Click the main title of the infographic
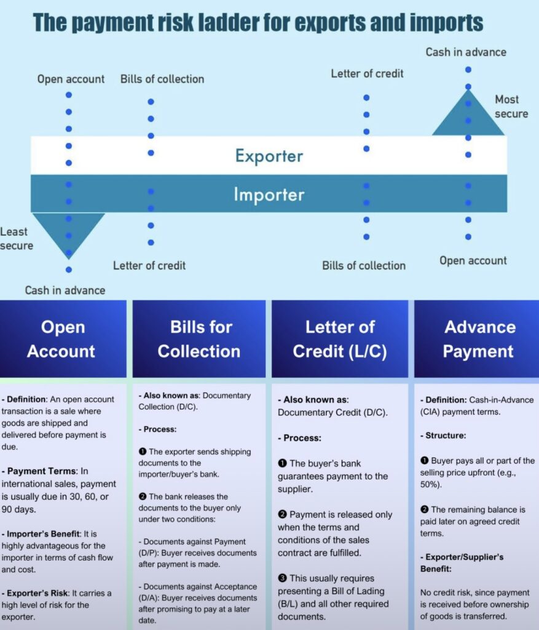point(258,22)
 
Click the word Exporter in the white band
point(269,156)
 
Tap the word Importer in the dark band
point(269,194)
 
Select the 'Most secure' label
point(511,106)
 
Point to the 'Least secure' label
point(17,238)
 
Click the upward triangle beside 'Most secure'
point(468,113)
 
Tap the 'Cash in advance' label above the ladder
point(466,52)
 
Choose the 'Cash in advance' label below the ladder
point(65,290)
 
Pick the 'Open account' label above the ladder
point(71,79)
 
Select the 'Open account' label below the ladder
point(473,261)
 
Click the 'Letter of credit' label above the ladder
point(368,74)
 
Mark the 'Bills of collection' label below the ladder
point(364,266)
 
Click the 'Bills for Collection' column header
point(199,339)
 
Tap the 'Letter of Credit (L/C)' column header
point(340,339)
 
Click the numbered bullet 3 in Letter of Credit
point(282,578)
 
